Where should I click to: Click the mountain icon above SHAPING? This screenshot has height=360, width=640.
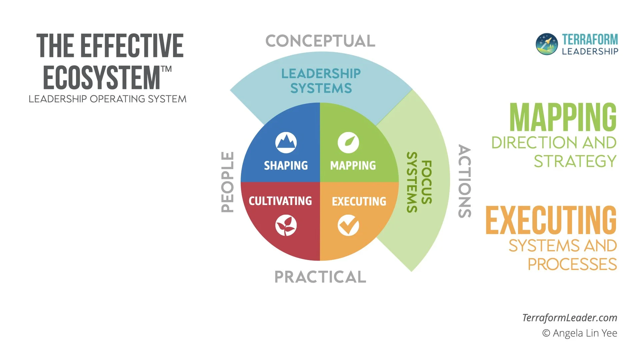tap(286, 143)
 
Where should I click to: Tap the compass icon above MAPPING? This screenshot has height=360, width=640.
tap(348, 143)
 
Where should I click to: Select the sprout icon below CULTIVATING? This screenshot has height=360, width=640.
tap(286, 226)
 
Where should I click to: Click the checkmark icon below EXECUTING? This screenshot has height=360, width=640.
tap(348, 226)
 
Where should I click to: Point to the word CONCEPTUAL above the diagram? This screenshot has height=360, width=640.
tap(320, 41)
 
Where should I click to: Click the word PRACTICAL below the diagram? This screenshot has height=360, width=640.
tap(320, 277)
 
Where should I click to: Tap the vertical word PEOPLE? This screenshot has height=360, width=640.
tap(228, 182)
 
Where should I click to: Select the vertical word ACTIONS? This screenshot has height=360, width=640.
tap(465, 181)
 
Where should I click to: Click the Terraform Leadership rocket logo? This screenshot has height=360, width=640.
tap(547, 44)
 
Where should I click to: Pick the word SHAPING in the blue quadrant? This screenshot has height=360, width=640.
tap(286, 165)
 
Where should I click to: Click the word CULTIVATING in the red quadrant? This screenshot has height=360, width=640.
tap(280, 201)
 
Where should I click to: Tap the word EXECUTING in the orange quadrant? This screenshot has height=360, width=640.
tap(359, 201)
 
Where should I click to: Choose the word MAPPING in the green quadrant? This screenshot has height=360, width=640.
tap(353, 165)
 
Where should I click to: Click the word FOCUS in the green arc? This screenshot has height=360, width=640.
tap(427, 182)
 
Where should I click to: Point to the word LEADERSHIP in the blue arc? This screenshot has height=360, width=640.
tap(321, 74)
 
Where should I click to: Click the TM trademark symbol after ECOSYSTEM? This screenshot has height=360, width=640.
tap(166, 69)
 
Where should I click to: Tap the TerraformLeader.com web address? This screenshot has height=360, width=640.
tap(570, 318)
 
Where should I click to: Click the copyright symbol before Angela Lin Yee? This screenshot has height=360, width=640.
tap(546, 333)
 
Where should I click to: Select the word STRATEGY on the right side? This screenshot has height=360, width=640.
tap(575, 161)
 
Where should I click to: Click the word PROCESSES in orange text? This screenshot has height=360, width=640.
tap(572, 264)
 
